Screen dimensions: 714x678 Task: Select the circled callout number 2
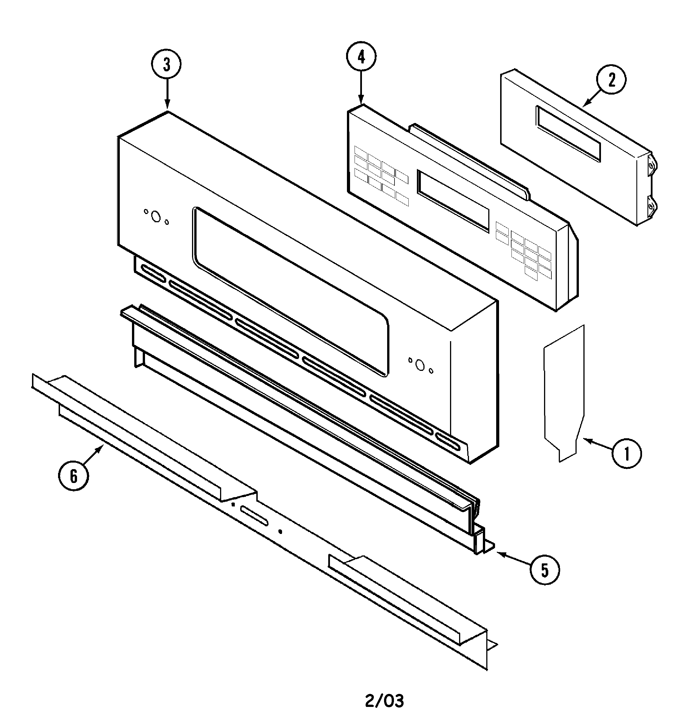[611, 80]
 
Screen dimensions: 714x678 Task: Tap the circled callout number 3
[166, 65]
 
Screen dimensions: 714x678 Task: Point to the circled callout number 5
[545, 570]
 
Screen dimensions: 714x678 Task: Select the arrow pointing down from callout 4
[361, 87]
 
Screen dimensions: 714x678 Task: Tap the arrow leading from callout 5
[513, 557]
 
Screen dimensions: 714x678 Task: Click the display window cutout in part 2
[568, 134]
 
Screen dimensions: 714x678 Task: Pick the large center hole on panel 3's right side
[420, 365]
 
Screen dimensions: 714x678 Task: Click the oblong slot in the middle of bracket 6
[254, 516]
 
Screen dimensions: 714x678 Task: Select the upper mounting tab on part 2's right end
[652, 165]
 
